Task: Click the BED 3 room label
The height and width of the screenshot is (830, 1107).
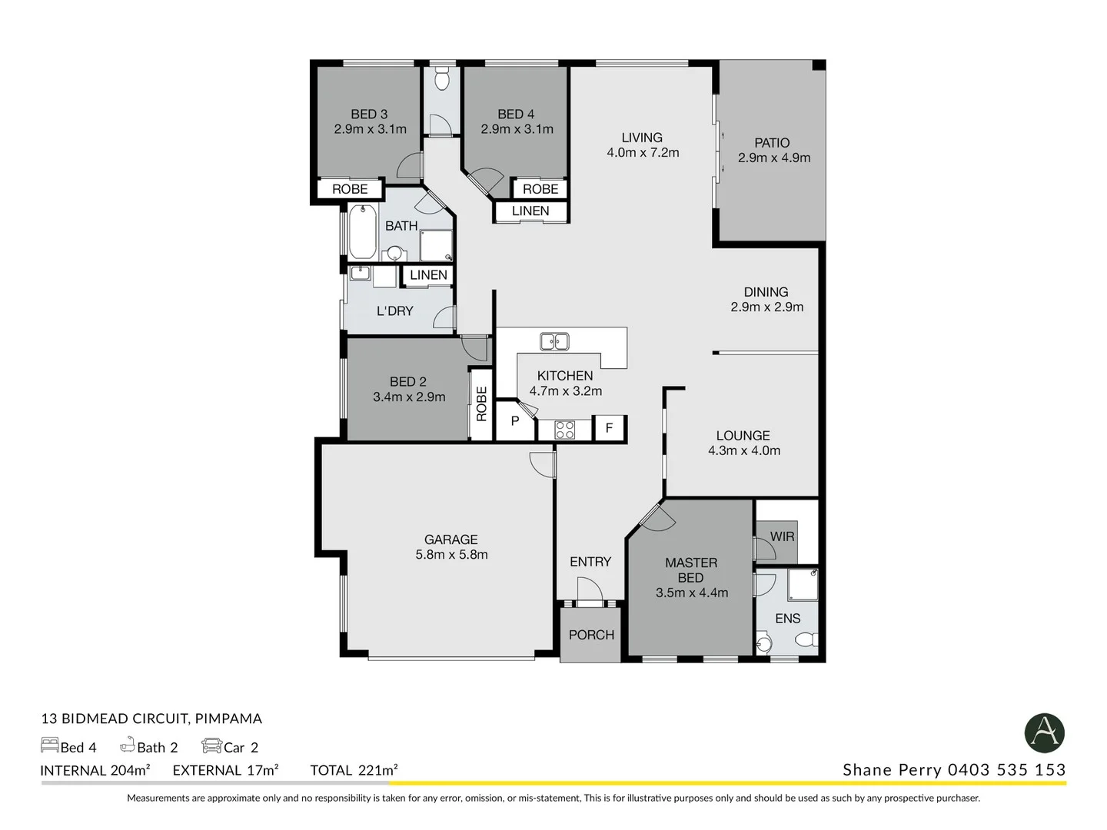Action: pyautogui.click(x=369, y=114)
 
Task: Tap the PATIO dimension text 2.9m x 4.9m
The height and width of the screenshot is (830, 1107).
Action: pyautogui.click(x=774, y=158)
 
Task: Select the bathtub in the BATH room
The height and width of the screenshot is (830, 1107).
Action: pyautogui.click(x=362, y=231)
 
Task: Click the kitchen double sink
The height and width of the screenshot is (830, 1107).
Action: pyautogui.click(x=553, y=341)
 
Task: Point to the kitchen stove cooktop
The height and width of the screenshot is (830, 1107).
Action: pyautogui.click(x=564, y=430)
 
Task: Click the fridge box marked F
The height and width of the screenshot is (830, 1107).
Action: pyautogui.click(x=609, y=428)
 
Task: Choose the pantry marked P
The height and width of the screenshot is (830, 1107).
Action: pyautogui.click(x=514, y=421)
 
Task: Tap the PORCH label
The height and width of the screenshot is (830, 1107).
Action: pyautogui.click(x=591, y=635)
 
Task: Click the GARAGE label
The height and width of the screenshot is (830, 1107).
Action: pyautogui.click(x=451, y=539)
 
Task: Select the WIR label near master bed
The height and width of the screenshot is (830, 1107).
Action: pyautogui.click(x=782, y=536)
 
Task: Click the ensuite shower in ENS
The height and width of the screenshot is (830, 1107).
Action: pyautogui.click(x=803, y=584)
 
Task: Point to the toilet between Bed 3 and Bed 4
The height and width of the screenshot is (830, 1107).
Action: pyautogui.click(x=442, y=79)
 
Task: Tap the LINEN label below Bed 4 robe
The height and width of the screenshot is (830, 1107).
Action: pyautogui.click(x=530, y=211)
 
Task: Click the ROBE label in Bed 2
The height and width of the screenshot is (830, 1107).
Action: pyautogui.click(x=481, y=404)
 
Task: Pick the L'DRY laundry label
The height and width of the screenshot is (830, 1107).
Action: pyautogui.click(x=394, y=311)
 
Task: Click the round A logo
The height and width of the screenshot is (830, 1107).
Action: pyautogui.click(x=1044, y=732)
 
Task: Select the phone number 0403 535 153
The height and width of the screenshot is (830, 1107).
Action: pyautogui.click(x=1006, y=770)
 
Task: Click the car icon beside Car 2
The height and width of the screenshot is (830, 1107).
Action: pyautogui.click(x=211, y=746)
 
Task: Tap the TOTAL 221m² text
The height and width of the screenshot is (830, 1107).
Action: pyautogui.click(x=354, y=770)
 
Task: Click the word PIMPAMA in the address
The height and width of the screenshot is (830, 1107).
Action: pyautogui.click(x=228, y=719)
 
